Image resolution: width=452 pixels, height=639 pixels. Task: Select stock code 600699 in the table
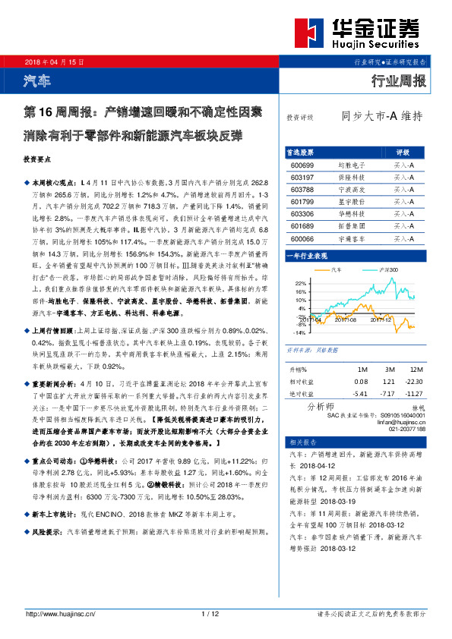[302, 165]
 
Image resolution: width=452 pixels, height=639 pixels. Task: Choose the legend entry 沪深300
[388, 269]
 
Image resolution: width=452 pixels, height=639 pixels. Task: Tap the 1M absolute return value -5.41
[361, 393]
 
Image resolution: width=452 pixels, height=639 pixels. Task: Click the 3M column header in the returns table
[389, 369]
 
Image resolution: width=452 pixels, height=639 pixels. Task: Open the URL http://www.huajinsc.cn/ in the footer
[59, 613]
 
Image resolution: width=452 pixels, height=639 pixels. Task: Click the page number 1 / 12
[210, 613]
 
